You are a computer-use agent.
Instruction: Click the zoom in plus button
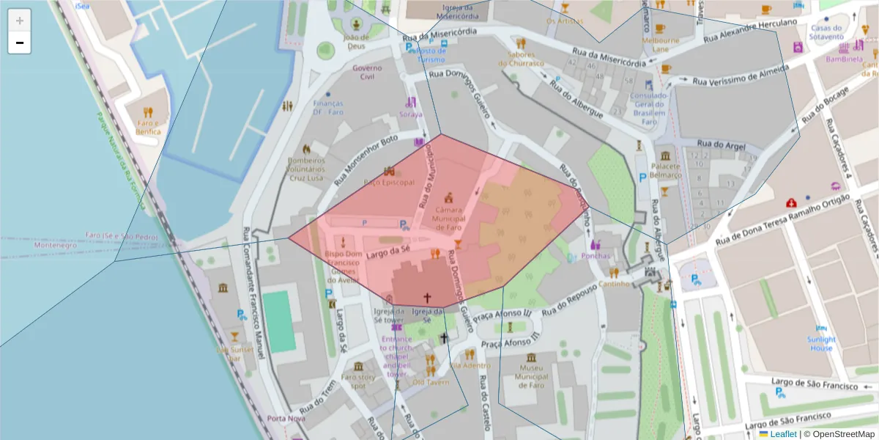[19, 21]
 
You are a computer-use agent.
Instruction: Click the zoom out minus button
[19, 43]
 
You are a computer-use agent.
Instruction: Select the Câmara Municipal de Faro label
[449, 218]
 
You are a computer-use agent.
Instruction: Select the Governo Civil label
[367, 72]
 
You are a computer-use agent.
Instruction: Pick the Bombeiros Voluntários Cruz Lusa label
[306, 169]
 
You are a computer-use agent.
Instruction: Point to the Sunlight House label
[821, 343]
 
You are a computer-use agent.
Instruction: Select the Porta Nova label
[286, 419]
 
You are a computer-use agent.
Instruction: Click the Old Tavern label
[431, 382]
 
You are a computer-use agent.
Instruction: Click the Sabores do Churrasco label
[522, 59]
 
